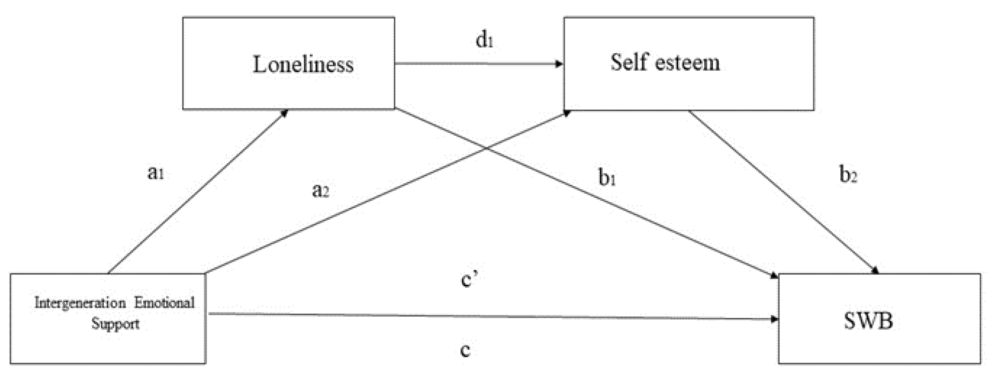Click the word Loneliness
point(303,64)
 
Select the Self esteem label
point(665,63)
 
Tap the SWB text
point(868,320)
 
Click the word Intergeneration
point(80,302)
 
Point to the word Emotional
point(164,302)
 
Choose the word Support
point(116,323)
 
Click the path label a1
point(156,173)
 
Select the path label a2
point(320,190)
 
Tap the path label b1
point(607,178)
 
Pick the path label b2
point(848,175)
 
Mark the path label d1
point(484,40)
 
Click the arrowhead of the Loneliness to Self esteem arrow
point(559,64)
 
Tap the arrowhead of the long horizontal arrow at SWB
point(774,319)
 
